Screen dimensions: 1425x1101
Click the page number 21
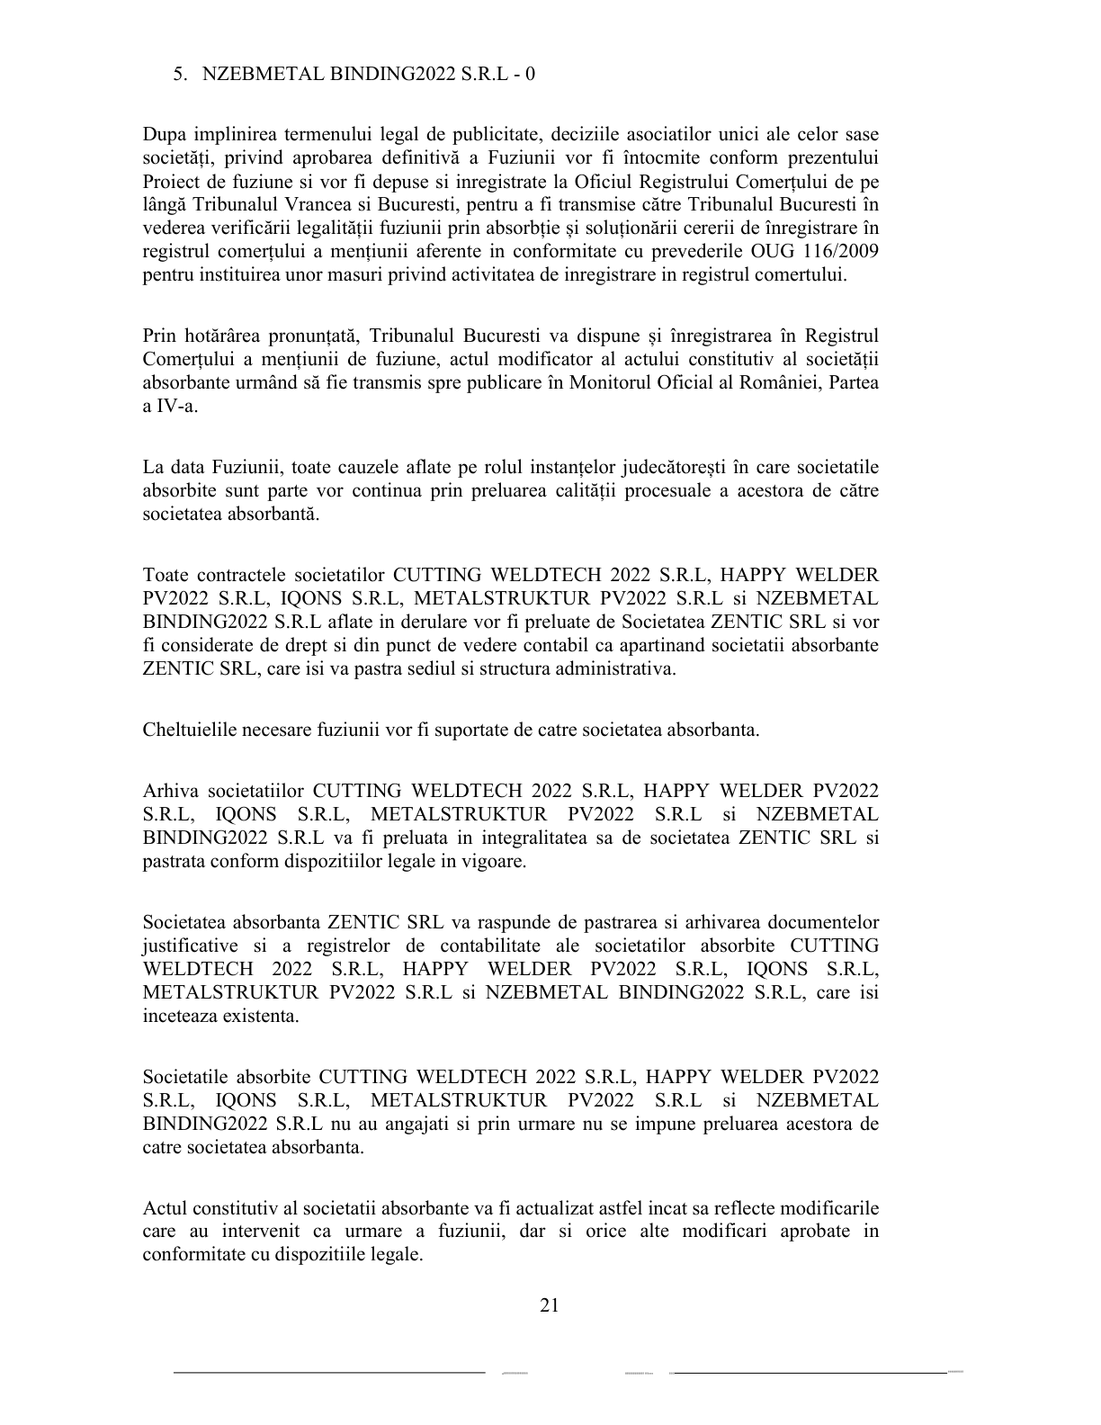tap(550, 1305)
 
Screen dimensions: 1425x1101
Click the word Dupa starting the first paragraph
tap(165, 135)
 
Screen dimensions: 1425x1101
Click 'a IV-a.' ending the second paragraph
tap(170, 406)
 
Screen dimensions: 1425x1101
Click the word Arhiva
tap(169, 791)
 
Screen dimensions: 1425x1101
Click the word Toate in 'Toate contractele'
tap(166, 575)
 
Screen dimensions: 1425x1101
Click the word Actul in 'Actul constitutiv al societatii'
tap(164, 1207)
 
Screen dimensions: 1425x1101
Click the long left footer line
tap(329, 1373)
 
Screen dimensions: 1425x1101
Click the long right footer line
tap(810, 1373)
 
